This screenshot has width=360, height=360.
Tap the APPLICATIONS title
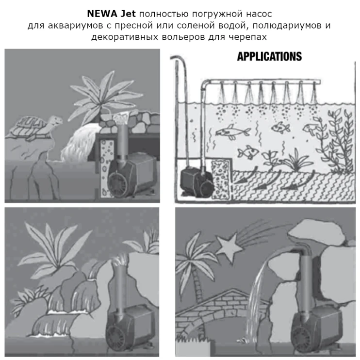click(269, 56)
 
